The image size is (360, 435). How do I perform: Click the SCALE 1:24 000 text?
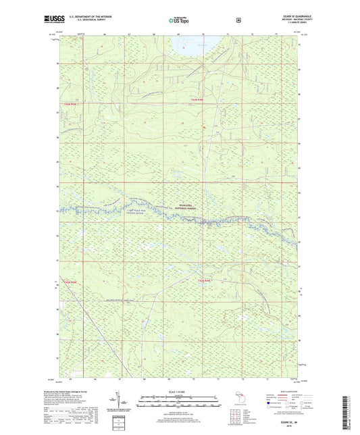coord(180,392)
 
